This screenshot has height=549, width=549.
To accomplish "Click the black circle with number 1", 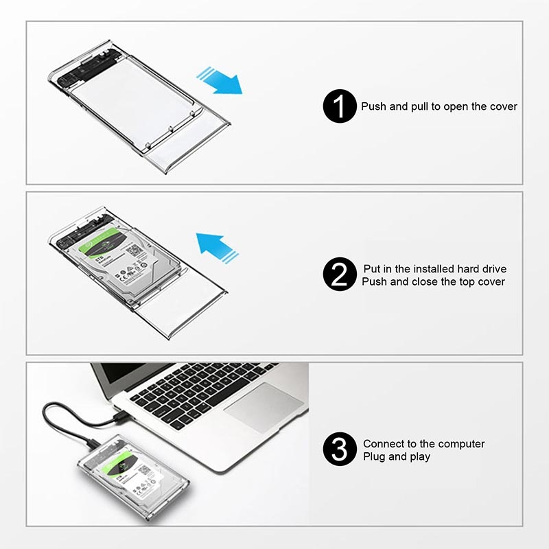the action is tap(340, 106).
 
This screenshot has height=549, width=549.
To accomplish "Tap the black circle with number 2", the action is tap(340, 274).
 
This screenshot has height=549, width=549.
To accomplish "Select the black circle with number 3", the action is tap(340, 449).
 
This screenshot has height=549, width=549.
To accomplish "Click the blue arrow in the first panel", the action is tap(220, 81).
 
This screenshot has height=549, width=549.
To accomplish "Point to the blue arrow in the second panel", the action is tap(217, 248).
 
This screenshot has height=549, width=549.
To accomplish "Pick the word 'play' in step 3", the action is tap(419, 457).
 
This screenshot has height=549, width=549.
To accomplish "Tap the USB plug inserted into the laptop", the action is tap(123, 416).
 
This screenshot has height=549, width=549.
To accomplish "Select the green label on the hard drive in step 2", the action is tap(105, 242).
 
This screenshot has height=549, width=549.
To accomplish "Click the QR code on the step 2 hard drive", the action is tap(133, 250).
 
